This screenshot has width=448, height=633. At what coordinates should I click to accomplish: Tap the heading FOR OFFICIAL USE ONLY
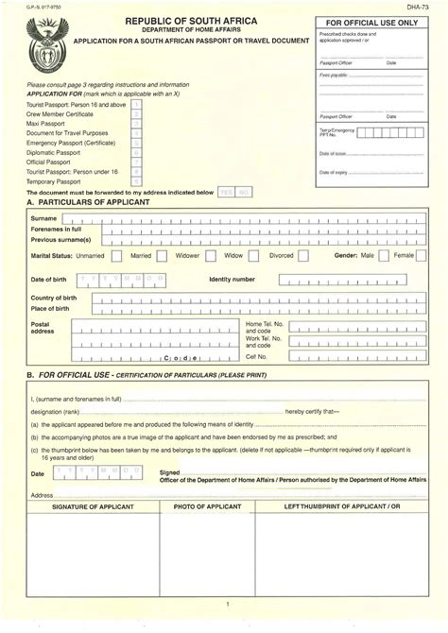click(x=371, y=22)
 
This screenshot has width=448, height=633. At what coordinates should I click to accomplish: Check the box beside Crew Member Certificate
click(x=136, y=113)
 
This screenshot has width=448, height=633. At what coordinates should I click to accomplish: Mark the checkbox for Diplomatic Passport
click(x=136, y=150)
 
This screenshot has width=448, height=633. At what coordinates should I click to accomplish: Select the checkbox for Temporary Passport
click(x=136, y=180)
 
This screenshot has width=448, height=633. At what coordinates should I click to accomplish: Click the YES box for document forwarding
click(x=226, y=192)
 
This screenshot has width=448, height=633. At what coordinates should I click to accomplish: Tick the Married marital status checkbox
click(x=162, y=255)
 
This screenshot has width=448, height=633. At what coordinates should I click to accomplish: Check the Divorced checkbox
click(x=302, y=255)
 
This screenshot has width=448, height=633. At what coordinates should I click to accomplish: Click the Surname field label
click(x=45, y=218)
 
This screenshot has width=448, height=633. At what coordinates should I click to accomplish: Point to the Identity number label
click(x=232, y=280)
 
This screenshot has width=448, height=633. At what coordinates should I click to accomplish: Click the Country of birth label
click(x=54, y=299)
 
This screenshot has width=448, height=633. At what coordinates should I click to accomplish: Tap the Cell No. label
click(x=257, y=357)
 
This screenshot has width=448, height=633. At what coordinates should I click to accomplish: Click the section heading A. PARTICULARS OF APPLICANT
click(x=91, y=202)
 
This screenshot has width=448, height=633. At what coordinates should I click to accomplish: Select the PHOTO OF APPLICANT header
click(x=207, y=507)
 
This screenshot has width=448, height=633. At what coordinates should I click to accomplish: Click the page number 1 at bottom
click(x=227, y=603)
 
